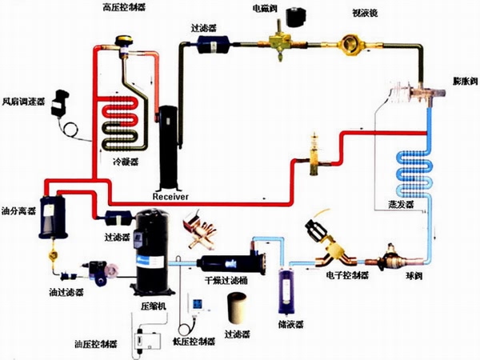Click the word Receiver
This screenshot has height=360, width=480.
click(x=170, y=194)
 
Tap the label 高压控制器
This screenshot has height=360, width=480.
click(x=124, y=7)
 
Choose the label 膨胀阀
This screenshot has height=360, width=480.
click(x=461, y=82)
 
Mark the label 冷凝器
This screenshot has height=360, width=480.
click(x=126, y=161)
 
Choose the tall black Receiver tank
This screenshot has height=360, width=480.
click(x=169, y=148)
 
